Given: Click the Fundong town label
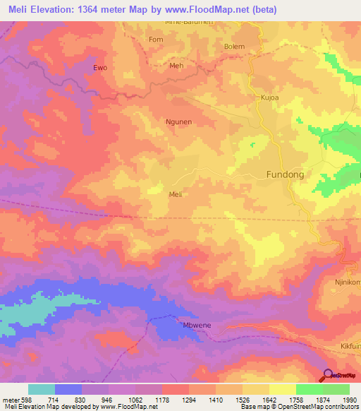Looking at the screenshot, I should [286, 174].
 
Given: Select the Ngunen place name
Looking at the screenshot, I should [178, 121].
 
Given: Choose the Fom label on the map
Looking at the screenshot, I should [156, 40].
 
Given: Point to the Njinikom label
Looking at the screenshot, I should [347, 282].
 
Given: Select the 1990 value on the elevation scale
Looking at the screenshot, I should [349, 400].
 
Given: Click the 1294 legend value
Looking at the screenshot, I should [188, 400].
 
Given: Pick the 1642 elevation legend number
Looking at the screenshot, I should [269, 400].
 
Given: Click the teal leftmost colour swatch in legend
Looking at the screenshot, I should [41, 389].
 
